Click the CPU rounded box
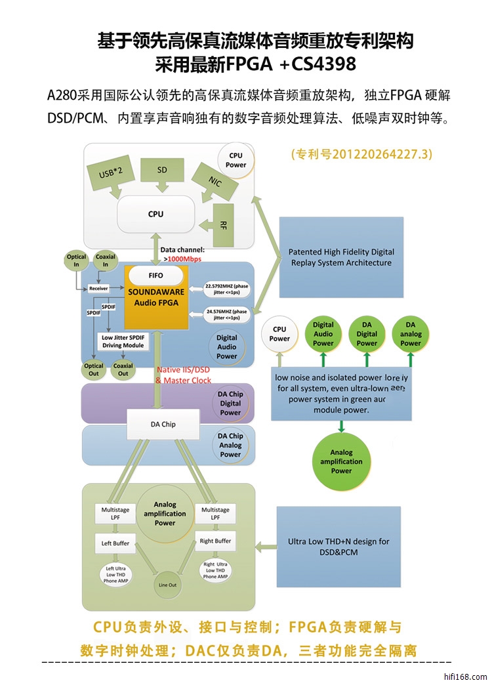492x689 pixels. click(156, 215)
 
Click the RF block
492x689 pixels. click(223, 225)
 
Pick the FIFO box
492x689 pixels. click(155, 275)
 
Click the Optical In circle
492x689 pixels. click(77, 261)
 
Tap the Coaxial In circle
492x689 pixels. click(105, 261)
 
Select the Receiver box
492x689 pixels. click(98, 288)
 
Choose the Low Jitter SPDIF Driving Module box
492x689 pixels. click(123, 341)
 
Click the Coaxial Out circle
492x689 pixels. click(123, 369)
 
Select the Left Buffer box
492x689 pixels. click(115, 543)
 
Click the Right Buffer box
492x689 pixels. click(215, 541)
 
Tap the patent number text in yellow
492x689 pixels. click(361, 155)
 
